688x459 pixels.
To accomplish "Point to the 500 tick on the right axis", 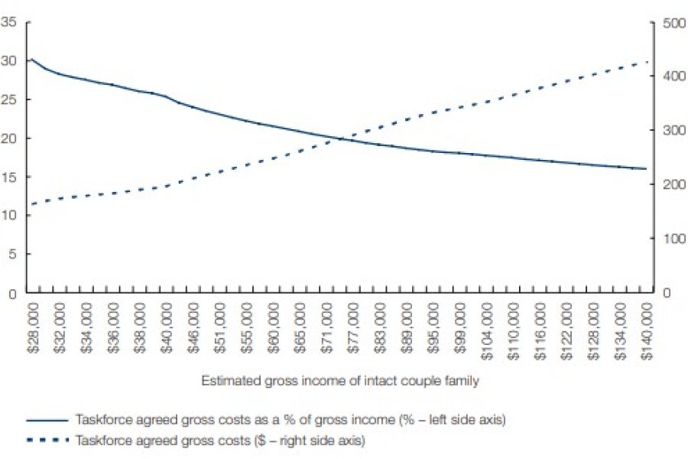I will (670, 22).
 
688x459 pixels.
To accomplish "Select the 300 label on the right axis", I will (670, 131).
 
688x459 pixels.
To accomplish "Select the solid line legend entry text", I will (290, 420).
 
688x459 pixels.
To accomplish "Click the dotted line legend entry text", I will (220, 441).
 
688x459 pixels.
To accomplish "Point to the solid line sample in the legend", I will (47, 420).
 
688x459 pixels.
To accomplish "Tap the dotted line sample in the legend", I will (47, 441).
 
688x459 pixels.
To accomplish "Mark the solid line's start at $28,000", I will (31, 60).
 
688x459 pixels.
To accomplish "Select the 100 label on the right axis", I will (670, 239).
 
